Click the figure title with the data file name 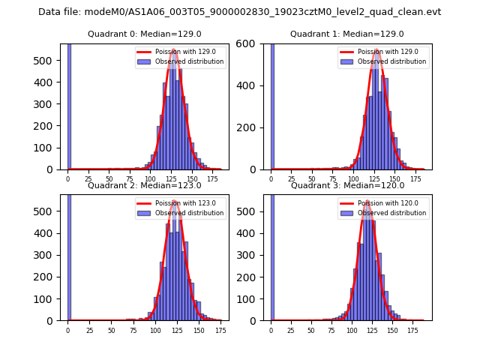239,12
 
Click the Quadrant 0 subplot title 144,34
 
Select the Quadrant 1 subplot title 346,34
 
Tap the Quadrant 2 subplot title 144,185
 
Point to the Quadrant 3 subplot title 347,185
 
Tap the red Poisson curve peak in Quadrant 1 376,50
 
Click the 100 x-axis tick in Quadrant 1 352,178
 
